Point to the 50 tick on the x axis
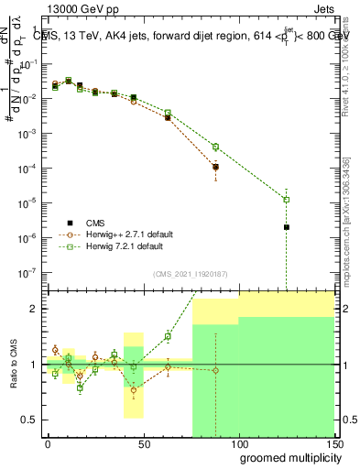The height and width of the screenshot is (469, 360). [x=143, y=442]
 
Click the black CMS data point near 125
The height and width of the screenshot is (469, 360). [x=287, y=227]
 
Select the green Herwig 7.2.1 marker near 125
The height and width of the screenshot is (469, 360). [x=287, y=199]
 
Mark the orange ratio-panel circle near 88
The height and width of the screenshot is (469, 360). [x=215, y=370]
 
